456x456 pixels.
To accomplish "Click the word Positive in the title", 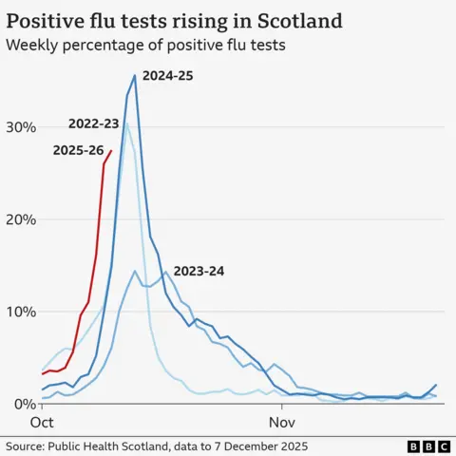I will pos(48,20).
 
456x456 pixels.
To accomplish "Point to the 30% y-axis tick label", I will pos(19,127).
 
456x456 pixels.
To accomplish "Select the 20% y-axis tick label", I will pos(19,219).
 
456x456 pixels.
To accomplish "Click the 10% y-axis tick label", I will pos(19,312).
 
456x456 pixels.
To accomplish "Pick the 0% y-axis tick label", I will pos(23,404).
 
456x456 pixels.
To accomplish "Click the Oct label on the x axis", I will pos(43,420).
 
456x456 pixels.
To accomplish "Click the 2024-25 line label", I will pos(167,74).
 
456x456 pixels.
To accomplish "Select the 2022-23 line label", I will pos(94,123).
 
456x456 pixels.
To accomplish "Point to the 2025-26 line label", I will pos(79,149).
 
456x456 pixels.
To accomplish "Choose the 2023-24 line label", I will pos(199,271).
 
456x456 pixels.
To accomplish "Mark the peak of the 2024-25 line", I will pos(135,75).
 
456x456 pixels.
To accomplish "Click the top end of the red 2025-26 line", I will pos(112,150).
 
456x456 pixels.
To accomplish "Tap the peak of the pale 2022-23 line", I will pos(125,123).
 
